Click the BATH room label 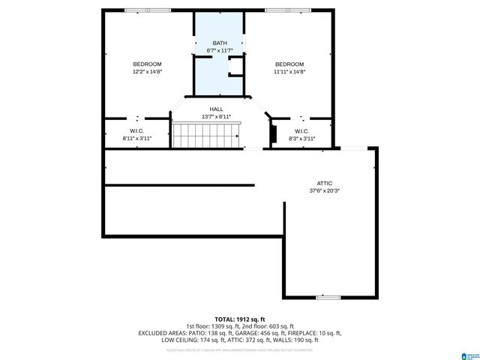219,43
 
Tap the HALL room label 216,109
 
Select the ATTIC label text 324,183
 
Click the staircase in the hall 206,136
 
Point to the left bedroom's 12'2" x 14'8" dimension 147,72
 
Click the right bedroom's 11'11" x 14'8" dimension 289,72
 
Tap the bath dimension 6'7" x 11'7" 219,50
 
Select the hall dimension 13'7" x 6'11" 216,117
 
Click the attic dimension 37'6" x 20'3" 324,190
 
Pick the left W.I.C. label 136,131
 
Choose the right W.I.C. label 301,131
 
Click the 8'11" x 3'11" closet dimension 136,139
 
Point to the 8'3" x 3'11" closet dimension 301,139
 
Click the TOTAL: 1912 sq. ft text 240,319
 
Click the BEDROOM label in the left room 147,64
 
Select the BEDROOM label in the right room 289,64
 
